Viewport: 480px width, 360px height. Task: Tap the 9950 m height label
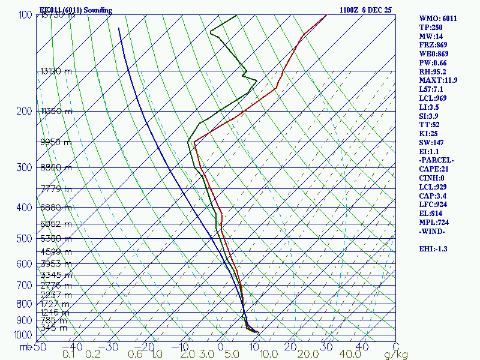coord(56,142)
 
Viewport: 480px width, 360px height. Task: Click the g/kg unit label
coord(396,355)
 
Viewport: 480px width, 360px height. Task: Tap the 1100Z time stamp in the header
coord(350,10)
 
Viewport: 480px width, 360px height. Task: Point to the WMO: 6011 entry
coord(438,19)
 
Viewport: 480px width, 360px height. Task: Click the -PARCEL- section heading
coord(437,160)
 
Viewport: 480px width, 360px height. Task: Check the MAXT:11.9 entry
coord(439,80)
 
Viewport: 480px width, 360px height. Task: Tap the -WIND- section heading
coord(433,231)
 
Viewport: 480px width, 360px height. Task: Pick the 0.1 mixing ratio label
coord(68,355)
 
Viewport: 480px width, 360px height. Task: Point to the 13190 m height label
coord(56,71)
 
